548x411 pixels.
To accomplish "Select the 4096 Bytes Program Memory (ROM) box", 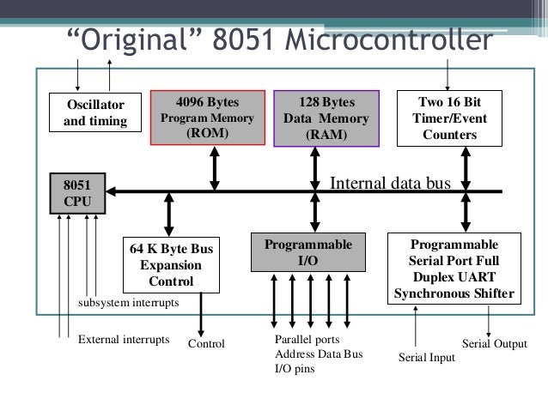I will coord(203,118).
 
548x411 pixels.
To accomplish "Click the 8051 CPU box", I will coord(77,192).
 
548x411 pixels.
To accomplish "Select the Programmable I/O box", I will coord(306,252).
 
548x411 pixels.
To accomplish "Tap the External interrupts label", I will coord(125,339).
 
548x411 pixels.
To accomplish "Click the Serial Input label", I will coord(427,354).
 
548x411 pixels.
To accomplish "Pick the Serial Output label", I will coord(494,343).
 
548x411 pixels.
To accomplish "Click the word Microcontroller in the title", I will coord(391,41).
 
